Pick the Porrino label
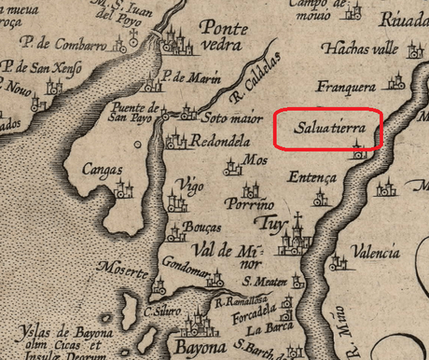coord(252,204)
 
